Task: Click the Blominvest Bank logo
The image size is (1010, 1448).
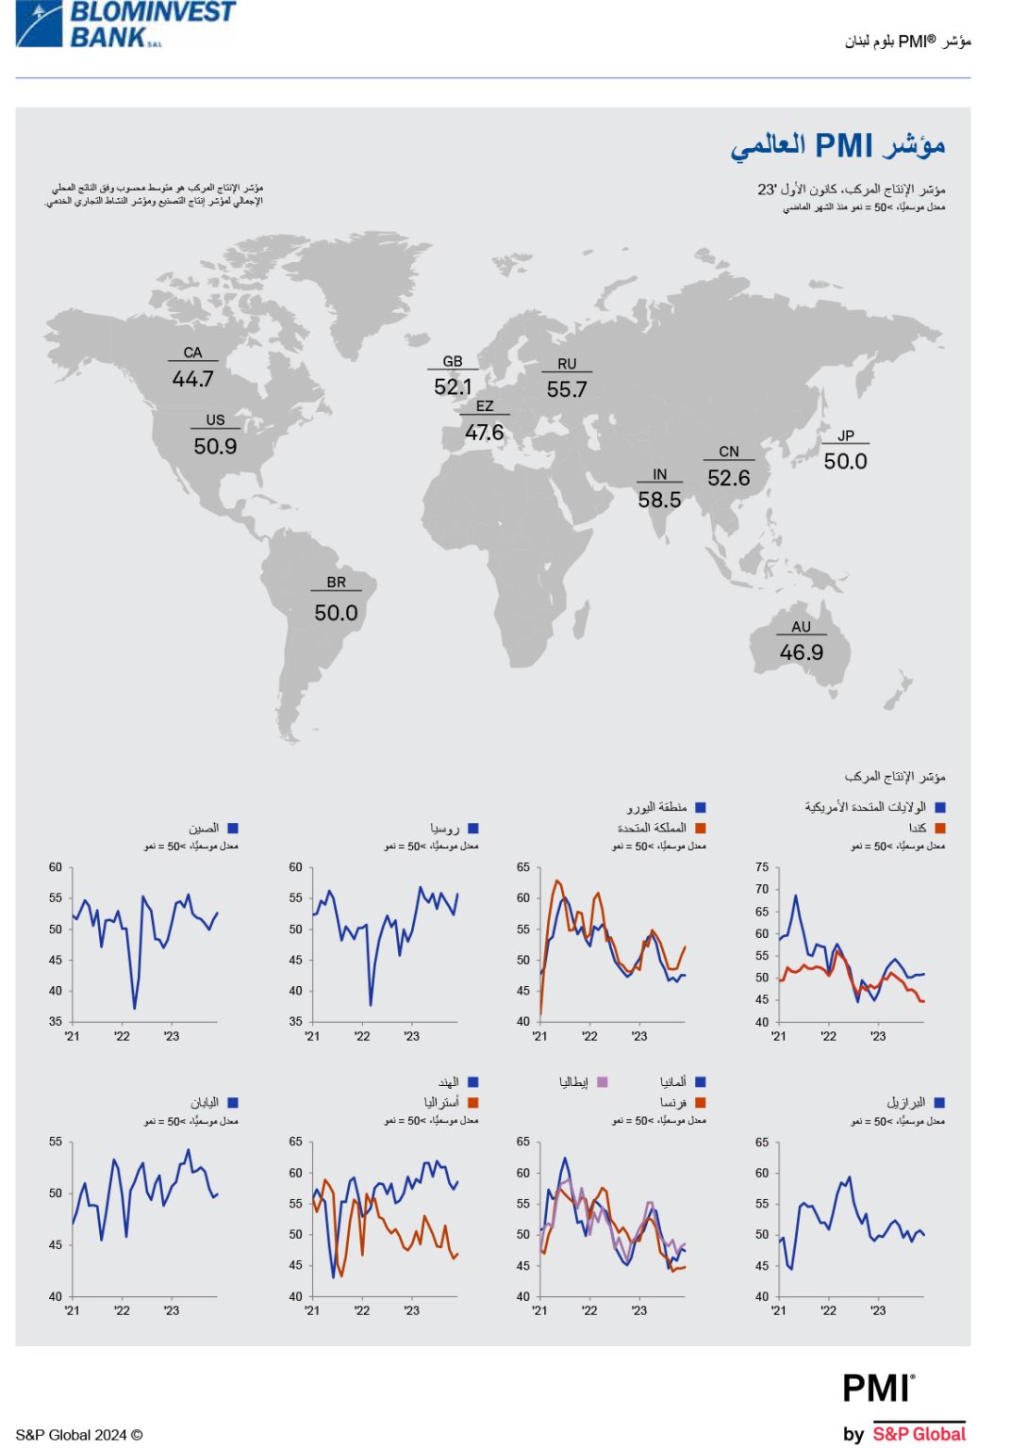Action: (x=125, y=25)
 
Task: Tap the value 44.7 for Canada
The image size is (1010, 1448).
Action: (x=192, y=379)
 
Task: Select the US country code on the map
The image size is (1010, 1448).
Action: (x=215, y=420)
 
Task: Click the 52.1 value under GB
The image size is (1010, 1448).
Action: (x=453, y=387)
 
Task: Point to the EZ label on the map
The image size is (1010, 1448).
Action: (x=485, y=406)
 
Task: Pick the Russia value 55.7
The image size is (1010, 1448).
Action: (x=567, y=389)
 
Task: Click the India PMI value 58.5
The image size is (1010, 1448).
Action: (x=659, y=500)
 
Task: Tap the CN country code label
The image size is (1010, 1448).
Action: (x=729, y=452)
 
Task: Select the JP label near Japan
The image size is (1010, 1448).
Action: (x=846, y=436)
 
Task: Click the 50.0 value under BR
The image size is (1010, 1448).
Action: (x=336, y=614)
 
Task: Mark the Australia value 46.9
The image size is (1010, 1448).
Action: (x=802, y=652)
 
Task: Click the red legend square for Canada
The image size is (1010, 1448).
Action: (x=939, y=828)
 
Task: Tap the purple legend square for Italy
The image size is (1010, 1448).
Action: (x=602, y=1082)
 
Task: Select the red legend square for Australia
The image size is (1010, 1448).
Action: (x=473, y=1102)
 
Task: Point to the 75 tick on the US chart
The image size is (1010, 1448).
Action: (x=762, y=867)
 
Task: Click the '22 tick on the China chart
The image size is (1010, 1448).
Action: (x=122, y=1036)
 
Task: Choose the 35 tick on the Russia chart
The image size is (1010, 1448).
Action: (x=295, y=1021)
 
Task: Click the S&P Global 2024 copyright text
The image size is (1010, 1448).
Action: (x=79, y=1435)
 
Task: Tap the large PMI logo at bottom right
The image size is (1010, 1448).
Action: (x=878, y=1389)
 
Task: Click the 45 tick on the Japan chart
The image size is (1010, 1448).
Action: (x=56, y=1244)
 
